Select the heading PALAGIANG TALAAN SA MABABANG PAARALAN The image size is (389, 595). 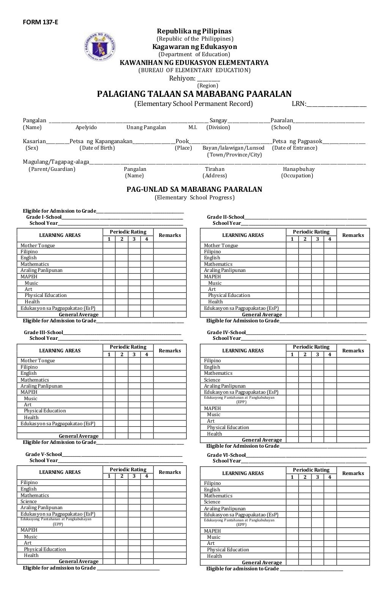(x=194, y=94)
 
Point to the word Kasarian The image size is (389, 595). (x=34, y=141)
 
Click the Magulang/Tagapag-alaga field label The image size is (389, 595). (x=55, y=162)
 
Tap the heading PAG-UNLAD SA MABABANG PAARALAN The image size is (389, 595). (x=194, y=189)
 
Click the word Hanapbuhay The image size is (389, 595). (x=299, y=169)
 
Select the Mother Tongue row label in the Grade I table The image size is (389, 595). (x=38, y=246)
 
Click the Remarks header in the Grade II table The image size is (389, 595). (x=353, y=235)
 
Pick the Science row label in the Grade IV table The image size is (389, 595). (x=212, y=380)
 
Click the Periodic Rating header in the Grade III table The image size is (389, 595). (x=128, y=347)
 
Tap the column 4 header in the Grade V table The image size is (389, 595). (x=147, y=476)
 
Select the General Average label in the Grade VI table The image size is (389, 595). (x=262, y=562)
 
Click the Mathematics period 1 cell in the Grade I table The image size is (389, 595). (x=109, y=264)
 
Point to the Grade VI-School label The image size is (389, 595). (x=226, y=455)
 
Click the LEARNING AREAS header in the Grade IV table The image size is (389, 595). (x=243, y=350)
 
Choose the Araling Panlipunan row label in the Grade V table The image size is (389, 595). (x=41, y=507)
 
